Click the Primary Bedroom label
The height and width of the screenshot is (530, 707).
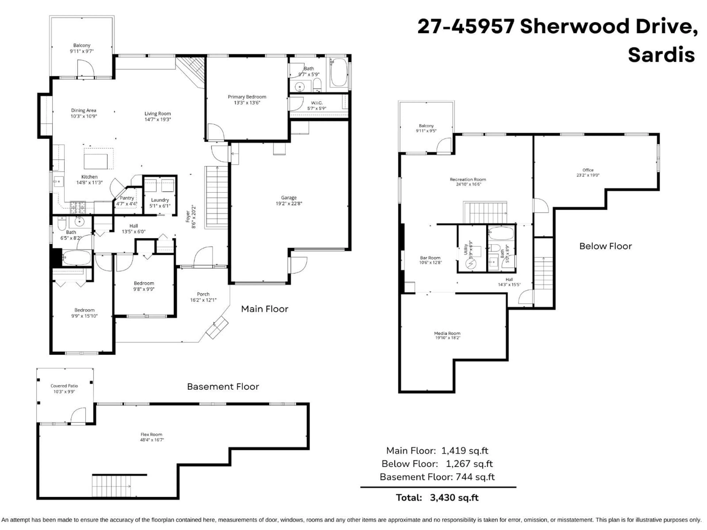pyautogui.click(x=247, y=97)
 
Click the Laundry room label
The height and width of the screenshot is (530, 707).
pyautogui.click(x=160, y=200)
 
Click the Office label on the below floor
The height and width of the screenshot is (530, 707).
pyautogui.click(x=588, y=170)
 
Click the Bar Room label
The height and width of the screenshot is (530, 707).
pyautogui.click(x=430, y=258)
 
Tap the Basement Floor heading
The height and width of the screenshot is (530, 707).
pyautogui.click(x=223, y=387)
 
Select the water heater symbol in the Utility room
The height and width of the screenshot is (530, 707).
pyautogui.click(x=471, y=264)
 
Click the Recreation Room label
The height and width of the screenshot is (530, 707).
pyautogui.click(x=468, y=180)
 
